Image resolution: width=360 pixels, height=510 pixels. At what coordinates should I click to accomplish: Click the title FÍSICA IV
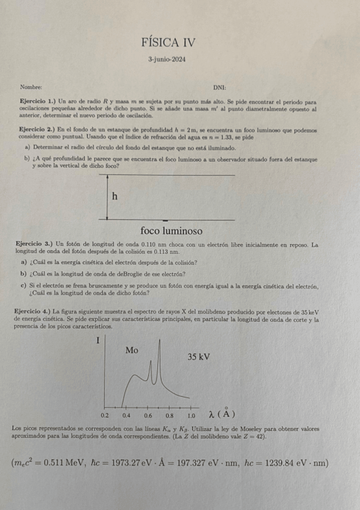pyautogui.click(x=168, y=43)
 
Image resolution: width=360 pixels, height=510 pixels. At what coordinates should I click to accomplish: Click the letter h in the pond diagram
pyautogui.click(x=114, y=197)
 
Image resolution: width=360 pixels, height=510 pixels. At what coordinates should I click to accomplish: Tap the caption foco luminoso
pyautogui.click(x=171, y=231)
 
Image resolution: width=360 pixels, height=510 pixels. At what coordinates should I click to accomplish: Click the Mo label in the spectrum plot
pyautogui.click(x=132, y=350)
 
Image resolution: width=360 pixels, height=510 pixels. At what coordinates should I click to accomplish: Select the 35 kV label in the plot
pyautogui.click(x=198, y=357)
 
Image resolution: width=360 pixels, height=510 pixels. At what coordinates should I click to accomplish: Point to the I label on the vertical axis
pyautogui.click(x=97, y=341)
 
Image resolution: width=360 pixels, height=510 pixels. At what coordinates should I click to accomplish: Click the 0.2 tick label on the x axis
pyautogui.click(x=105, y=415)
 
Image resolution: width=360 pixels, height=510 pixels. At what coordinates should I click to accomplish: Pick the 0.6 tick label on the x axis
pyautogui.click(x=148, y=415)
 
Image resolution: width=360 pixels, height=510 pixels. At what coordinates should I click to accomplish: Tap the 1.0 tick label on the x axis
pyautogui.click(x=191, y=415)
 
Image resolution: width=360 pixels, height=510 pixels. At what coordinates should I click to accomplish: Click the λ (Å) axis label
pyautogui.click(x=221, y=414)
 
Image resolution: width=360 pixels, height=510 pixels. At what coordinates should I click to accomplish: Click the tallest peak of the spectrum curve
pyautogui.click(x=159, y=343)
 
